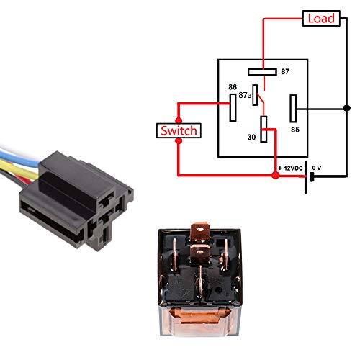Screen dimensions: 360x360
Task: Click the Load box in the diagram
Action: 321,18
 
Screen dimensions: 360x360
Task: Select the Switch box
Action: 178,131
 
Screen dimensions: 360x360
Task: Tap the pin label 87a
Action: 245,95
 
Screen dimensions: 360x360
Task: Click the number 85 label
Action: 295,130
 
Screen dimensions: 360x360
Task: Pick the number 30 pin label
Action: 252,136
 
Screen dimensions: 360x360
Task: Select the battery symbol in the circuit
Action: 310,176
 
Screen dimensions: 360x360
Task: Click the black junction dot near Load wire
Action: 346,109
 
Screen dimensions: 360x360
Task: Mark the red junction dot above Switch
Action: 179,119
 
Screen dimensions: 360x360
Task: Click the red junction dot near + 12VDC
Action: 275,175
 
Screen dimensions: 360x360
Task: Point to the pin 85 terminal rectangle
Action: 294,109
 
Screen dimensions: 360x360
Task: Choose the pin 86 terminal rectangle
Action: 233,109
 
